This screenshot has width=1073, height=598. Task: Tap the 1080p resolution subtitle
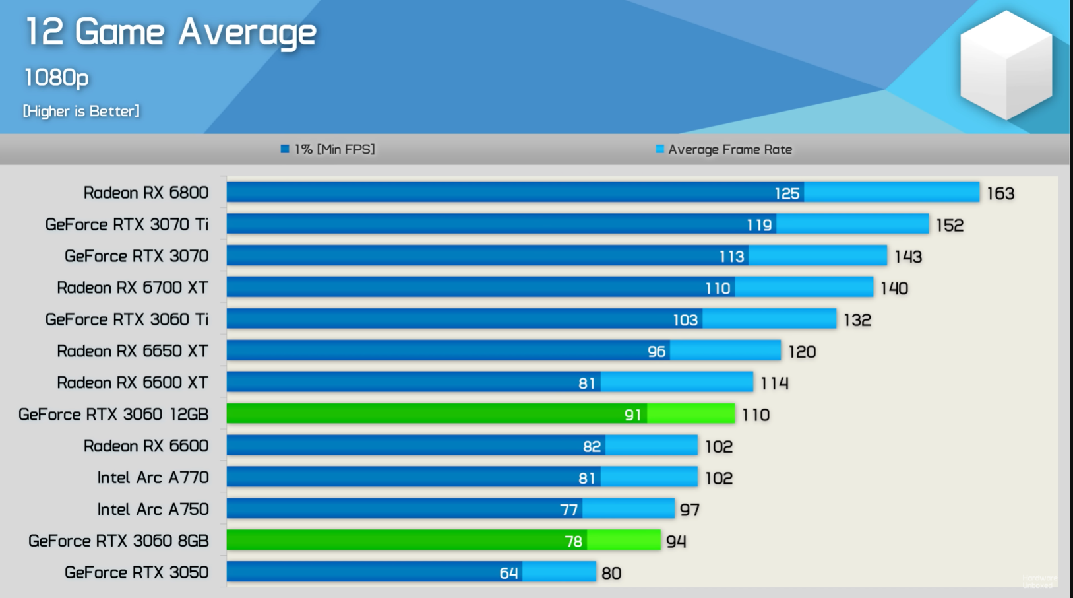click(x=56, y=78)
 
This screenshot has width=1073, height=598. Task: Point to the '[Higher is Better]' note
click(x=81, y=111)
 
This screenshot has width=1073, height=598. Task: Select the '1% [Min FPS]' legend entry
click(x=328, y=149)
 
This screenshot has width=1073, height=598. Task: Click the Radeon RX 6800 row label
click(x=146, y=193)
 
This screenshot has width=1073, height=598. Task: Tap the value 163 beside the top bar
click(x=1000, y=193)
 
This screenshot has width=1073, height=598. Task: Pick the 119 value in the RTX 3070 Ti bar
click(x=758, y=225)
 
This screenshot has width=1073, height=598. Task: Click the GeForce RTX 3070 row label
click(x=137, y=256)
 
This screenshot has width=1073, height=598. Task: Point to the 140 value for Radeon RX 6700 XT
click(x=894, y=288)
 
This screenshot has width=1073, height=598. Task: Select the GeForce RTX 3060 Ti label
click(x=127, y=319)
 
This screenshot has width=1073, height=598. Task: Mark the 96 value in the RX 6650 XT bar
click(x=656, y=352)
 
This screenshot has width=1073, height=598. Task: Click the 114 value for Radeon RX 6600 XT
click(x=774, y=383)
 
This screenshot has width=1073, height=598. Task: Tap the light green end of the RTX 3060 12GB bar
click(x=691, y=414)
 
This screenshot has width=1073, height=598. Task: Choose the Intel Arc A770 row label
click(x=153, y=478)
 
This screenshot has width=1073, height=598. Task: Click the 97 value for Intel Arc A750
click(x=690, y=510)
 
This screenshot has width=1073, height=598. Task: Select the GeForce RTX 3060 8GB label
click(x=119, y=541)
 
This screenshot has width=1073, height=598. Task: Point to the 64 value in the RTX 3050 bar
click(x=508, y=573)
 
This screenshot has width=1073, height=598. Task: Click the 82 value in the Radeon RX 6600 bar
click(x=592, y=447)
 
